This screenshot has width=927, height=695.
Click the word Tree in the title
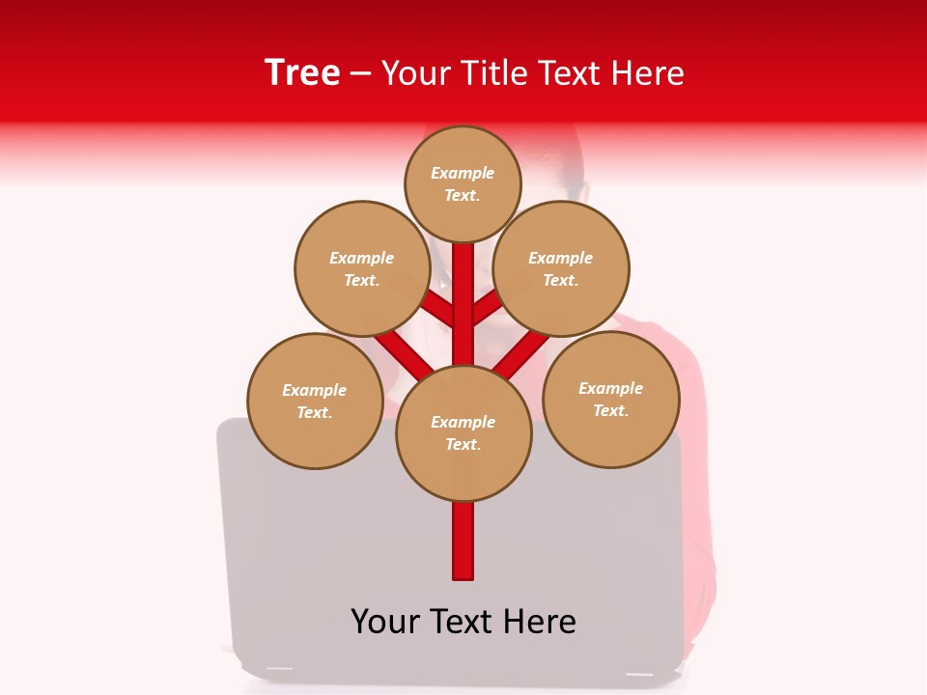pyautogui.click(x=302, y=72)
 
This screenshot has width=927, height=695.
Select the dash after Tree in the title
pyautogui.click(x=360, y=73)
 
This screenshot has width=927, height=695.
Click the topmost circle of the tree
pyautogui.click(x=463, y=183)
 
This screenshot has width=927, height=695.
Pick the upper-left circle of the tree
pyautogui.click(x=362, y=268)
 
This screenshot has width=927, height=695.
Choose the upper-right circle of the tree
pyautogui.click(x=561, y=268)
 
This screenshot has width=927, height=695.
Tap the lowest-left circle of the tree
pyautogui.click(x=315, y=401)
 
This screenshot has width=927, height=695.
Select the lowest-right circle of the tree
pyautogui.click(x=610, y=399)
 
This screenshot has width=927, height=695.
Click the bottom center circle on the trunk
pyautogui.click(x=463, y=433)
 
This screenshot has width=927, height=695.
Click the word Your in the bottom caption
pyautogui.click(x=385, y=622)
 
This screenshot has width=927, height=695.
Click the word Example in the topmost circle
pyautogui.click(x=463, y=173)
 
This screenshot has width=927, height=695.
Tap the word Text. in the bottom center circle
pyautogui.click(x=463, y=445)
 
